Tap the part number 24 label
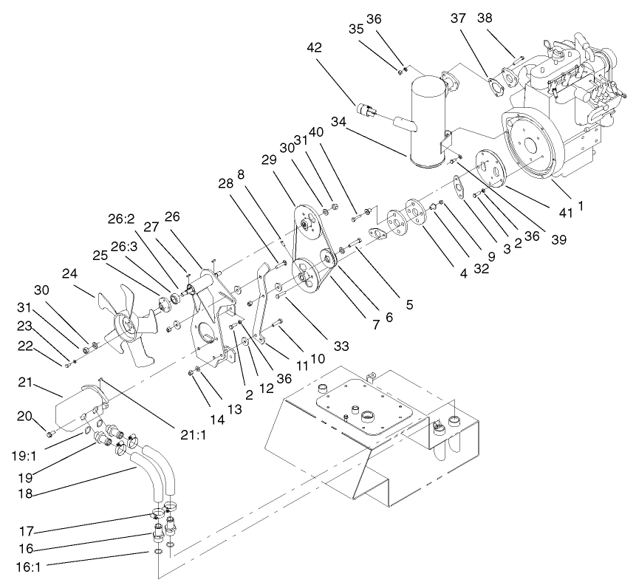tap(69, 273)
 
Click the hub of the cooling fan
tap(128, 323)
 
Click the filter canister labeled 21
tap(80, 407)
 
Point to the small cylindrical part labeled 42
tap(366, 111)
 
